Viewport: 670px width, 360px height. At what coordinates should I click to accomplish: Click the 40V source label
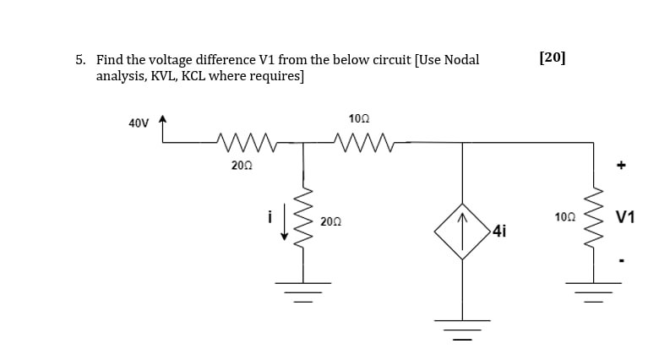[139, 123]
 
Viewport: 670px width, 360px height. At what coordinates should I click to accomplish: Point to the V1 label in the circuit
[625, 217]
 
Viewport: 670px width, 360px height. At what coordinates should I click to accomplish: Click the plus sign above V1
[621, 167]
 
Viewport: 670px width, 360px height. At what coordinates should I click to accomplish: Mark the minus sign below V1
[621, 260]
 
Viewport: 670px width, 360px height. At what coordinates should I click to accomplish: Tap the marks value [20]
[552, 57]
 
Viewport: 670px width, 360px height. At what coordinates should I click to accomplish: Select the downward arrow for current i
[284, 218]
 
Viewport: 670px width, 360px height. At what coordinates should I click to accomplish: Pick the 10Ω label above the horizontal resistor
[359, 119]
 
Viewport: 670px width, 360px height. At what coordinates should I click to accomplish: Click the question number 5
[80, 60]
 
